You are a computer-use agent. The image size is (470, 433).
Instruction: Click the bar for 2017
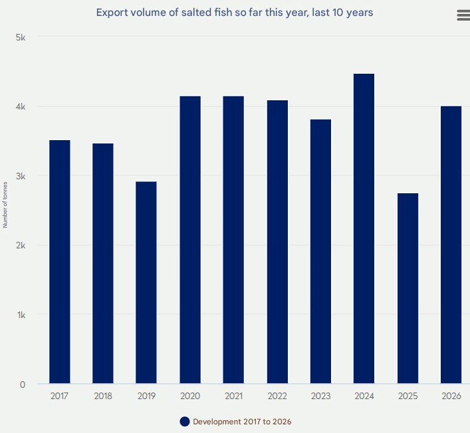(x=60, y=262)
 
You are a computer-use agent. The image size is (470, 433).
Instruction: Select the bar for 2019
(x=146, y=282)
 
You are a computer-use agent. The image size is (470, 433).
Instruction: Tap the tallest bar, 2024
(x=364, y=228)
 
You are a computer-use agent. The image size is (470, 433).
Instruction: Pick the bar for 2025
(x=408, y=288)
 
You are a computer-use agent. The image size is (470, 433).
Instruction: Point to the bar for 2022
(x=277, y=242)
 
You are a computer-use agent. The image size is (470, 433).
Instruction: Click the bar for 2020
(x=190, y=240)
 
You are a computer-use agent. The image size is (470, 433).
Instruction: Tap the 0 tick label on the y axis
(x=23, y=384)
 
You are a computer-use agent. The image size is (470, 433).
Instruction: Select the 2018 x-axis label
(x=103, y=396)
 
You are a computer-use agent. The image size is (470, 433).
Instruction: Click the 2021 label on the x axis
(x=233, y=396)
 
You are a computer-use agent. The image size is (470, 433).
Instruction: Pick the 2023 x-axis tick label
(x=320, y=396)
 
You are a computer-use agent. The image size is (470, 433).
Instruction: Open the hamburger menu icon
(x=463, y=16)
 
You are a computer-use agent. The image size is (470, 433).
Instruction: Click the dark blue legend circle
(x=185, y=422)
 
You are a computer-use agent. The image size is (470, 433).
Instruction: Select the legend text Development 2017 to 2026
(x=242, y=422)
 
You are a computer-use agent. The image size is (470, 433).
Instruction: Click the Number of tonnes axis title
(x=5, y=205)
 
